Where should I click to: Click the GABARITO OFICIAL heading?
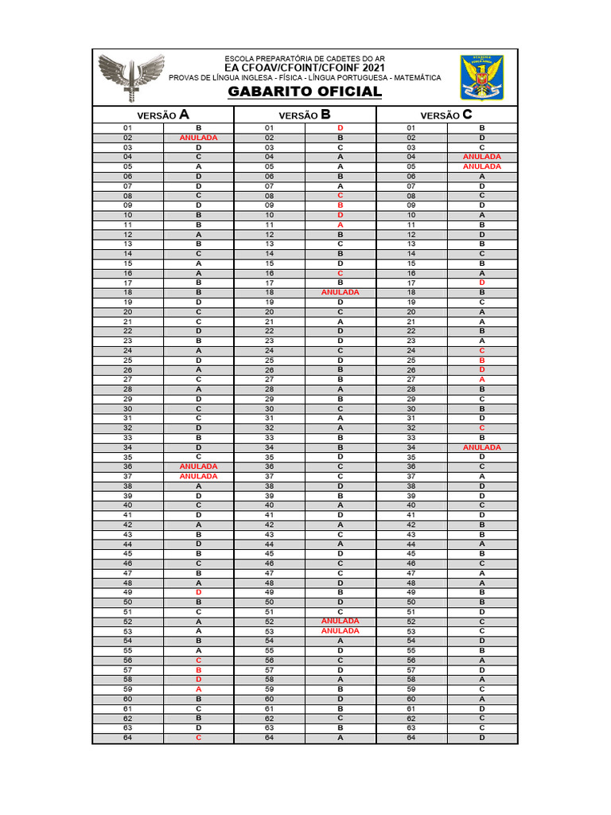click(x=305, y=92)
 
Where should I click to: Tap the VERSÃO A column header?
click(x=163, y=115)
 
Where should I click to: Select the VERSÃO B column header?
click(x=305, y=115)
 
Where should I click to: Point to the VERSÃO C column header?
click(x=446, y=115)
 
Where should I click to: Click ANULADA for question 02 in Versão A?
click(x=198, y=138)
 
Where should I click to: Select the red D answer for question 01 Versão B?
click(x=341, y=128)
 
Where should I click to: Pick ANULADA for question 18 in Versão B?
click(x=341, y=293)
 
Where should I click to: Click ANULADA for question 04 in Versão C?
click(x=482, y=157)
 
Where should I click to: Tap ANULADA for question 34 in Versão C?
click(x=482, y=447)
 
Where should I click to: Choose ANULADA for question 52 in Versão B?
click(x=341, y=622)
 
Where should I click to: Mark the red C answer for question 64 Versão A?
click(x=198, y=738)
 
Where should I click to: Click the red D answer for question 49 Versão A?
click(x=198, y=592)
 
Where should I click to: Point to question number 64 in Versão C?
click(x=411, y=738)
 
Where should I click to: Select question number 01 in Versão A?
click(x=127, y=128)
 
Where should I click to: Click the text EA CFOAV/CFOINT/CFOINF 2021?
click(x=305, y=68)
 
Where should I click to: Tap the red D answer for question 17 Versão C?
click(x=482, y=283)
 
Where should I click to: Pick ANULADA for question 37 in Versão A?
click(x=198, y=476)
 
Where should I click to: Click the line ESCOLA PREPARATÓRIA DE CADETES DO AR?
click(x=305, y=58)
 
